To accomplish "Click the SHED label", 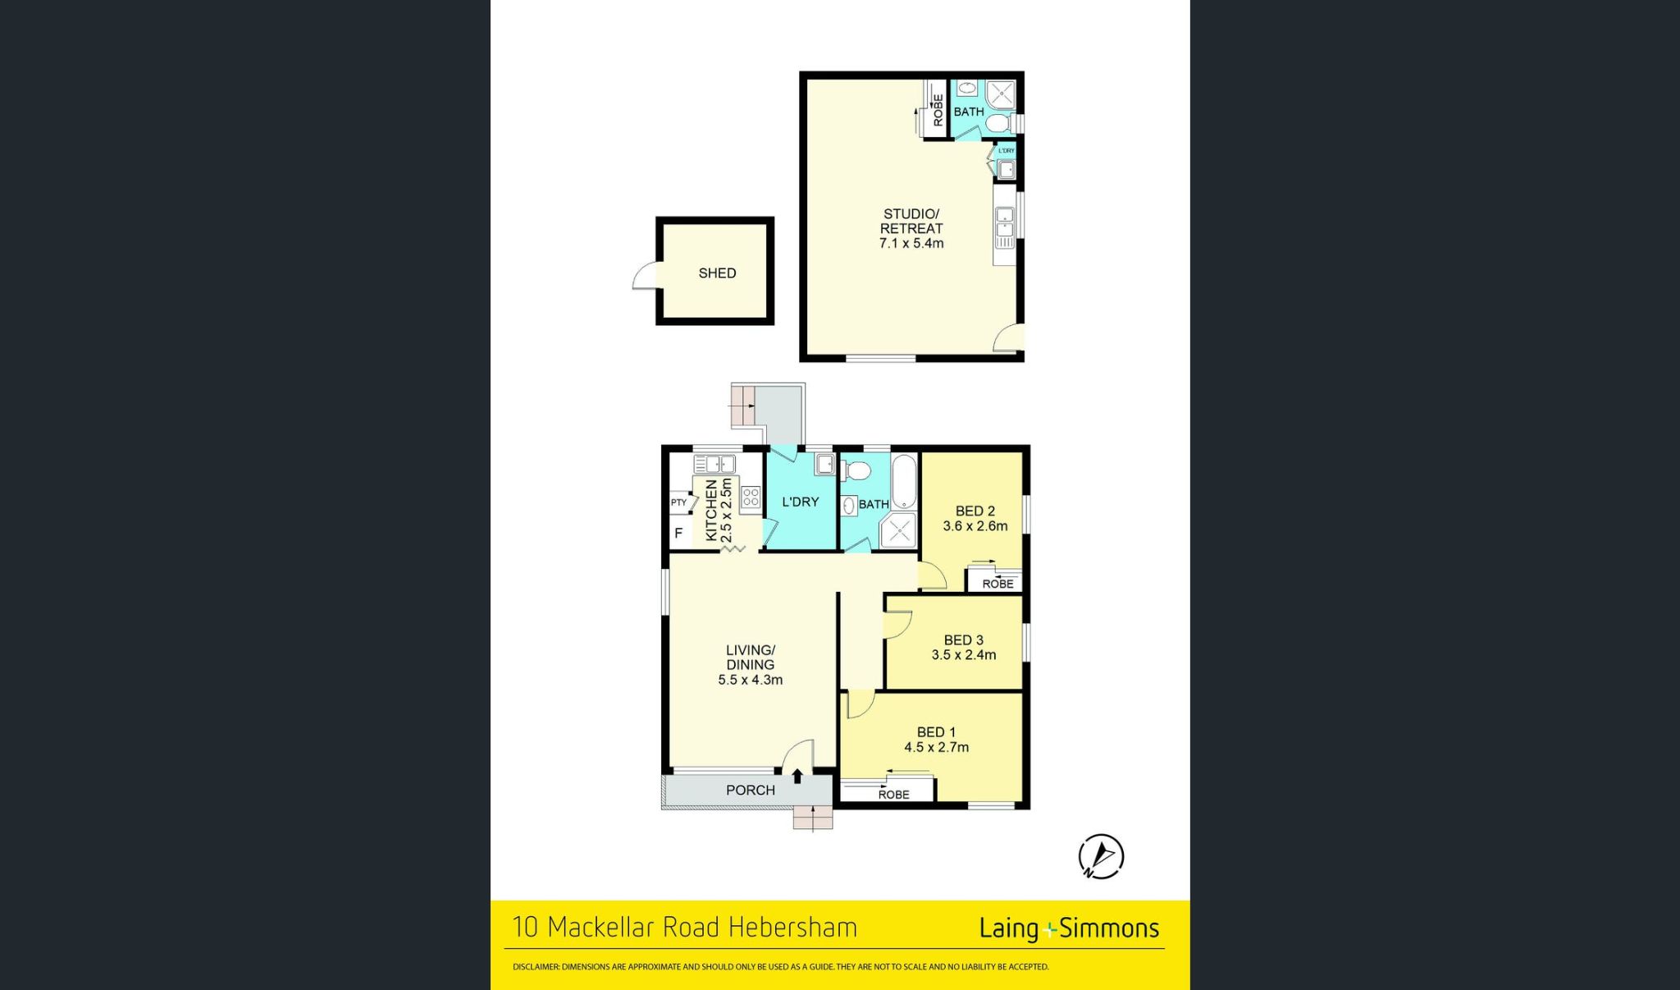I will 717,273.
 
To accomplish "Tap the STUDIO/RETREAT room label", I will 911,221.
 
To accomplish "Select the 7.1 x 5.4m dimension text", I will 911,244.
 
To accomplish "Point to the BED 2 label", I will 975,511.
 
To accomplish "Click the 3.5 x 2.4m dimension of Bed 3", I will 963,655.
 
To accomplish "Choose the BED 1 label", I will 936,732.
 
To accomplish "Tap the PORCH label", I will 750,790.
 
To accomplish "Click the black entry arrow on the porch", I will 797,776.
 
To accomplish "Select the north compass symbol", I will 1101,857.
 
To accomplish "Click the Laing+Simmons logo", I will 1069,928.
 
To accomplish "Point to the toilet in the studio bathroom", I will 998,124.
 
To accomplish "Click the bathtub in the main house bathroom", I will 903,482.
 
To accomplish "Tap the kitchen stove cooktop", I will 751,497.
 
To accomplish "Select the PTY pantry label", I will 678,502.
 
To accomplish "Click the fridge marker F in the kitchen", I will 678,534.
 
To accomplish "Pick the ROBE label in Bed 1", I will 893,795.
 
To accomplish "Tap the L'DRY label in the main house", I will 800,502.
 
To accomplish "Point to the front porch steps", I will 813,818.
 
